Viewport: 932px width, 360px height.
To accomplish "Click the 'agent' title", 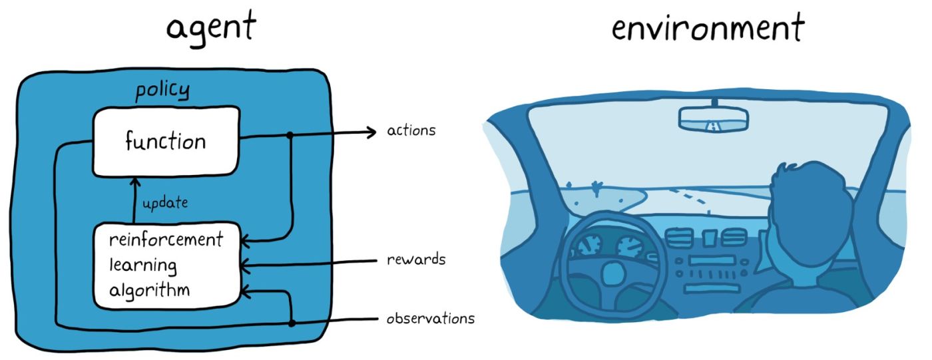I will tap(210, 29).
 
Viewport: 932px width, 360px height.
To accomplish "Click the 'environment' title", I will tap(708, 29).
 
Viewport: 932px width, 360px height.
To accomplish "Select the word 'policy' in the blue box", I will tap(162, 89).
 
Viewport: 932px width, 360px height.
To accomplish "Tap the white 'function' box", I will tap(165, 141).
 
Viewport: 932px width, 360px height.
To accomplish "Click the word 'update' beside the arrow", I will tap(164, 202).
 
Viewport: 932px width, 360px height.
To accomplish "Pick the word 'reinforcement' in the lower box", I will tap(165, 240).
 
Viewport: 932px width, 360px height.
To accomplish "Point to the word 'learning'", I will tap(143, 265).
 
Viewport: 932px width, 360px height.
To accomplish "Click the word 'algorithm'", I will tap(149, 290).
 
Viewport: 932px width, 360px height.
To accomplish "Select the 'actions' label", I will tap(411, 130).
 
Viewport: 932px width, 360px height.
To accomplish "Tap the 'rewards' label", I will tap(416, 260).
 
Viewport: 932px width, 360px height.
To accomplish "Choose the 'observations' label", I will tap(431, 318).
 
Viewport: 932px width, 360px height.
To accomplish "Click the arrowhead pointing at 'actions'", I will tap(371, 133).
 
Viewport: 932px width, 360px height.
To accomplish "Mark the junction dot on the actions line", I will tap(290, 135).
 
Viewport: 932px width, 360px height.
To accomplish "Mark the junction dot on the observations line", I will tap(292, 323).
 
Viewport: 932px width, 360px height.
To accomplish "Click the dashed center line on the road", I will tap(690, 198).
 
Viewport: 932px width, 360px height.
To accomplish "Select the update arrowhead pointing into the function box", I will tap(133, 180).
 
